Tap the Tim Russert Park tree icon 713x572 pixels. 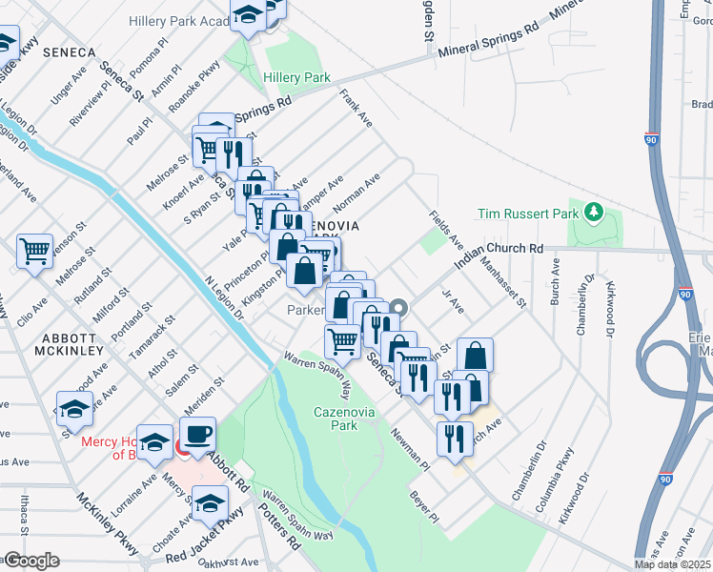pos(593,210)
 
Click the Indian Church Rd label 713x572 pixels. pos(498,249)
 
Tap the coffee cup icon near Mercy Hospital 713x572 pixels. pos(198,435)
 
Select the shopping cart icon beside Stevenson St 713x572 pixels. pos(34,251)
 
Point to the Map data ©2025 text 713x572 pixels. pos(673,564)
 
